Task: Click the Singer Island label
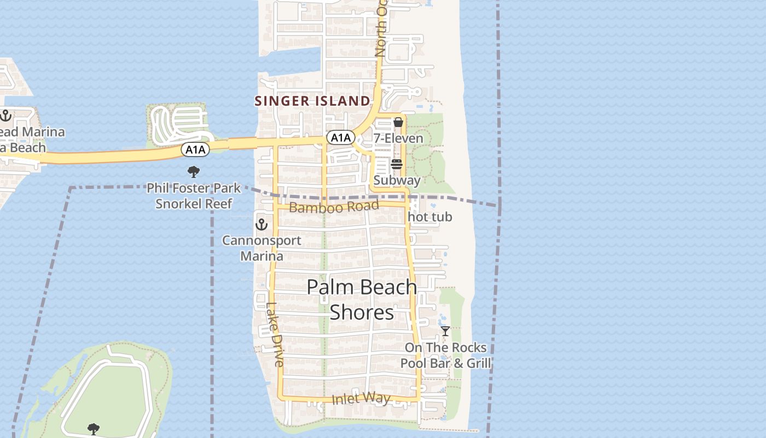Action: point(312,101)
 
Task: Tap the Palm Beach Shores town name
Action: point(362,299)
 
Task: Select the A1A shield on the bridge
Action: point(196,149)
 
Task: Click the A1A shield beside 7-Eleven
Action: point(340,137)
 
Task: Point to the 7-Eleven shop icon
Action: point(398,122)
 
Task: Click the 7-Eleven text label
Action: point(398,138)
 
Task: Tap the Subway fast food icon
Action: point(397,164)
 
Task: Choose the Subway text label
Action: point(397,180)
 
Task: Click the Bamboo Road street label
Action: point(334,207)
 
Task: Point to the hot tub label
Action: point(430,217)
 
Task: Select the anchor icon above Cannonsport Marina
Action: point(262,224)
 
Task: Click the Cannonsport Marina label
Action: point(262,248)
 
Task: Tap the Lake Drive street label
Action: point(275,335)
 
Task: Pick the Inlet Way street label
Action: point(361,399)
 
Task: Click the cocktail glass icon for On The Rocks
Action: point(445,331)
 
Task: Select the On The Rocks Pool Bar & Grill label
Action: point(445,355)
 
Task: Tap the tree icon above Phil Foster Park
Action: point(193,172)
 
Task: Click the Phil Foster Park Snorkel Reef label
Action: point(194,196)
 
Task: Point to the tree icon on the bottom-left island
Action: point(94,428)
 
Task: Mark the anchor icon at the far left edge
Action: point(6,116)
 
